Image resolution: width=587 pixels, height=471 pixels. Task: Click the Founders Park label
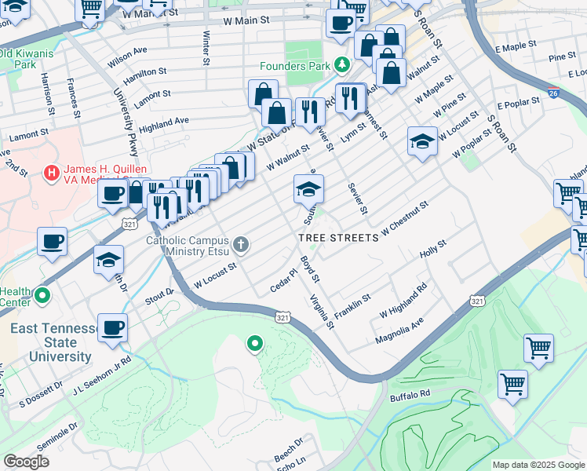click(297, 66)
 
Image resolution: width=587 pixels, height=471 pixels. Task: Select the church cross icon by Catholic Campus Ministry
click(241, 245)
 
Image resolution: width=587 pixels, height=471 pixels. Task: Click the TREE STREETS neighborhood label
click(338, 237)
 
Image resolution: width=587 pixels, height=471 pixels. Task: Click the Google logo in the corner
click(26, 462)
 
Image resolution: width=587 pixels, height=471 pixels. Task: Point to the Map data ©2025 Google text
click(538, 465)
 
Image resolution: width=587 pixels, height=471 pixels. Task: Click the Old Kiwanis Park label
click(28, 59)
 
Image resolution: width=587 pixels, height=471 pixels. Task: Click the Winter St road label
click(206, 47)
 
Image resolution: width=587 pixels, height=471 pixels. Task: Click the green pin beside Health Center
click(42, 296)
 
